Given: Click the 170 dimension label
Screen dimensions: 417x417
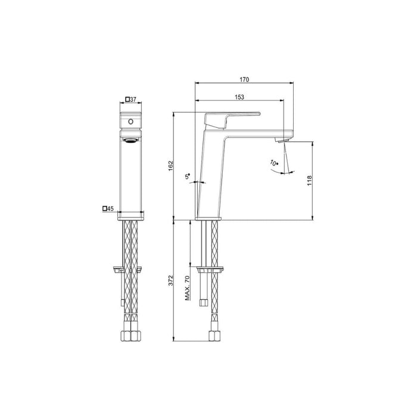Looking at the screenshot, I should coord(244,79).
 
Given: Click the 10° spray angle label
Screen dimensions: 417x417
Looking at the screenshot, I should coord(273,162).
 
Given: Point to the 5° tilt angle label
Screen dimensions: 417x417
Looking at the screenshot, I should coord(188,176).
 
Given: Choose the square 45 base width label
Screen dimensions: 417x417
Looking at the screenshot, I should coord(108,208).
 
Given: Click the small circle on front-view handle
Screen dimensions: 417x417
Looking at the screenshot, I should coord(130,122).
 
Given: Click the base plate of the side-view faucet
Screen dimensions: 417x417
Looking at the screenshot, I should coord(209,219).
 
